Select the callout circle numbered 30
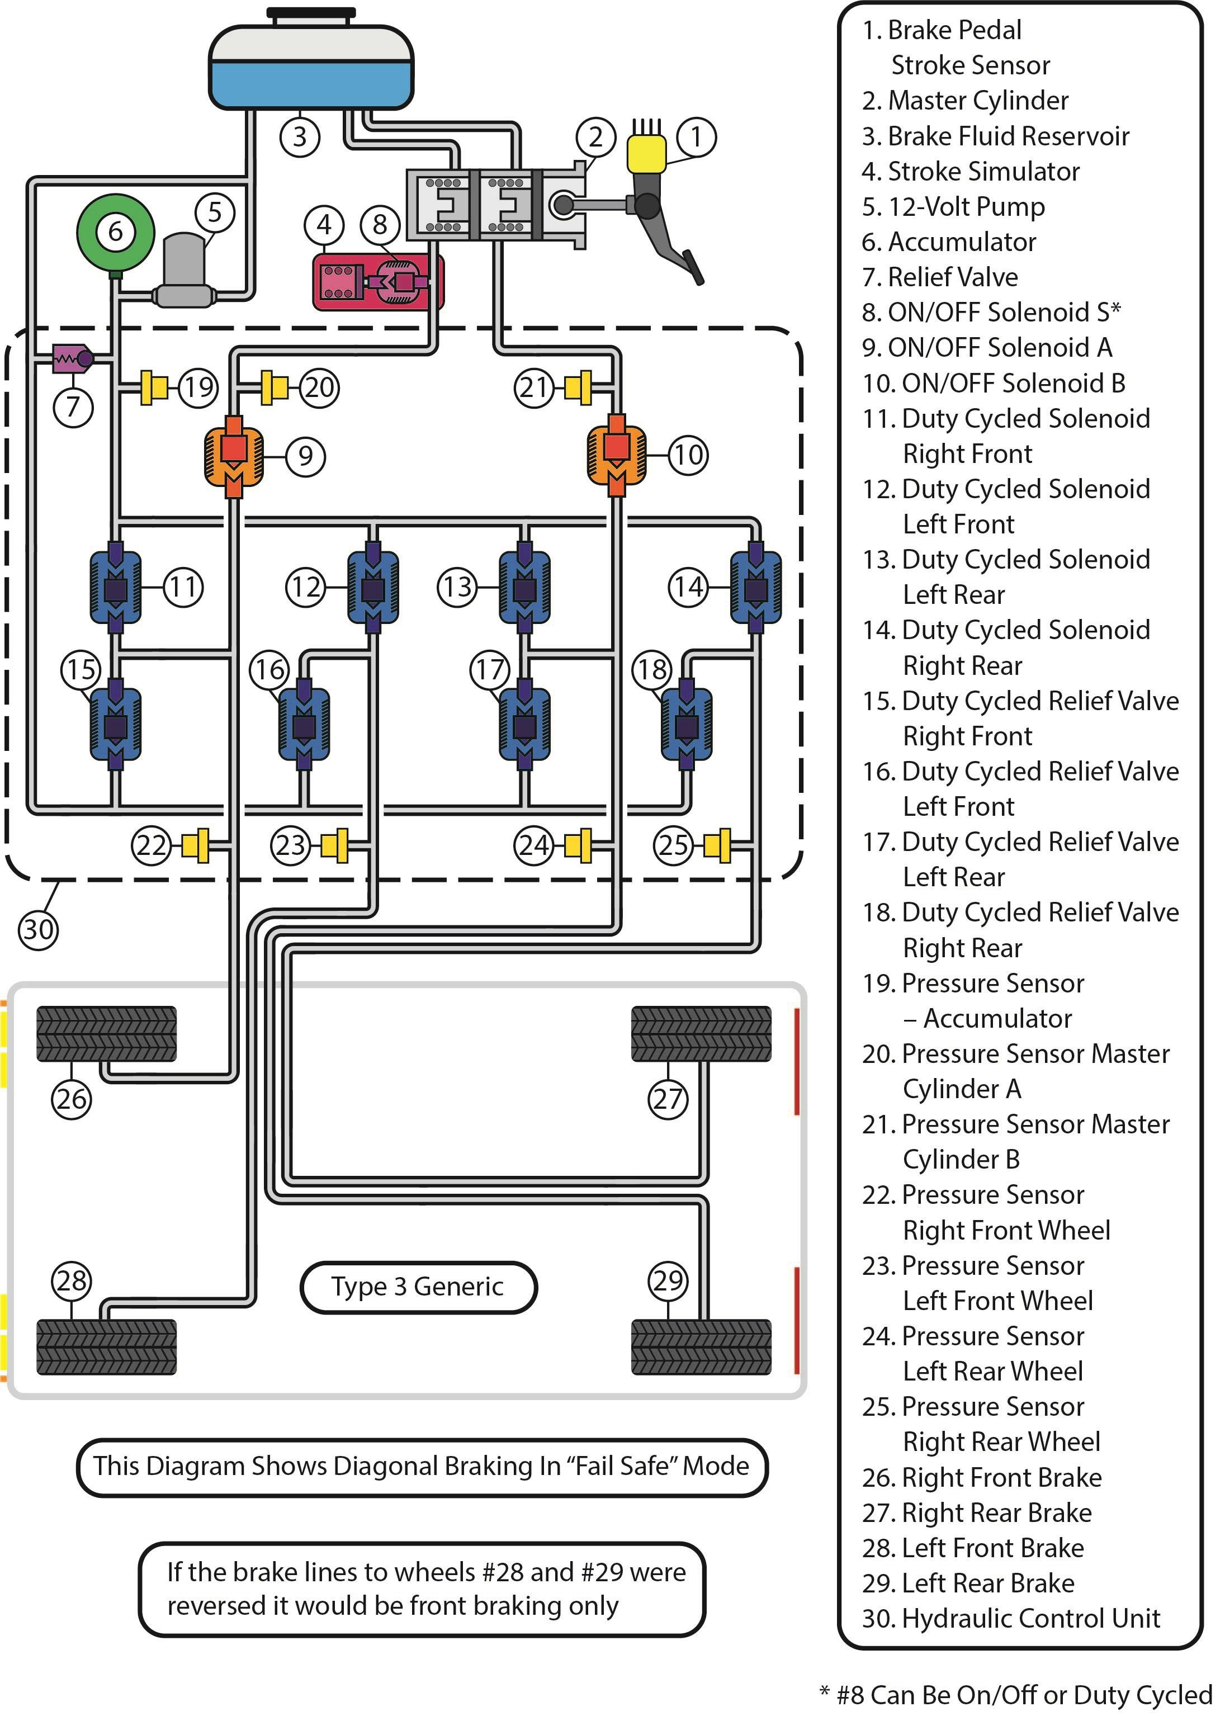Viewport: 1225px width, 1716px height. (37, 929)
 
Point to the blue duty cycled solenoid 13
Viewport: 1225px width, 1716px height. (524, 588)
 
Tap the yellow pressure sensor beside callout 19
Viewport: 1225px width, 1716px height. (155, 387)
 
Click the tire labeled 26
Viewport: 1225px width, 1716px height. (106, 1033)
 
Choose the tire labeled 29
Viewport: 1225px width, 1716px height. (701, 1346)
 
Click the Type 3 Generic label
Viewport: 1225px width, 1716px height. (418, 1286)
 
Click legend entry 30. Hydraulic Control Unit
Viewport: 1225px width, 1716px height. (1011, 1618)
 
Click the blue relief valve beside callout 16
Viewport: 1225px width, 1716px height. (304, 726)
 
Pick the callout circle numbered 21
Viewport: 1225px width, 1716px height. (534, 387)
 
